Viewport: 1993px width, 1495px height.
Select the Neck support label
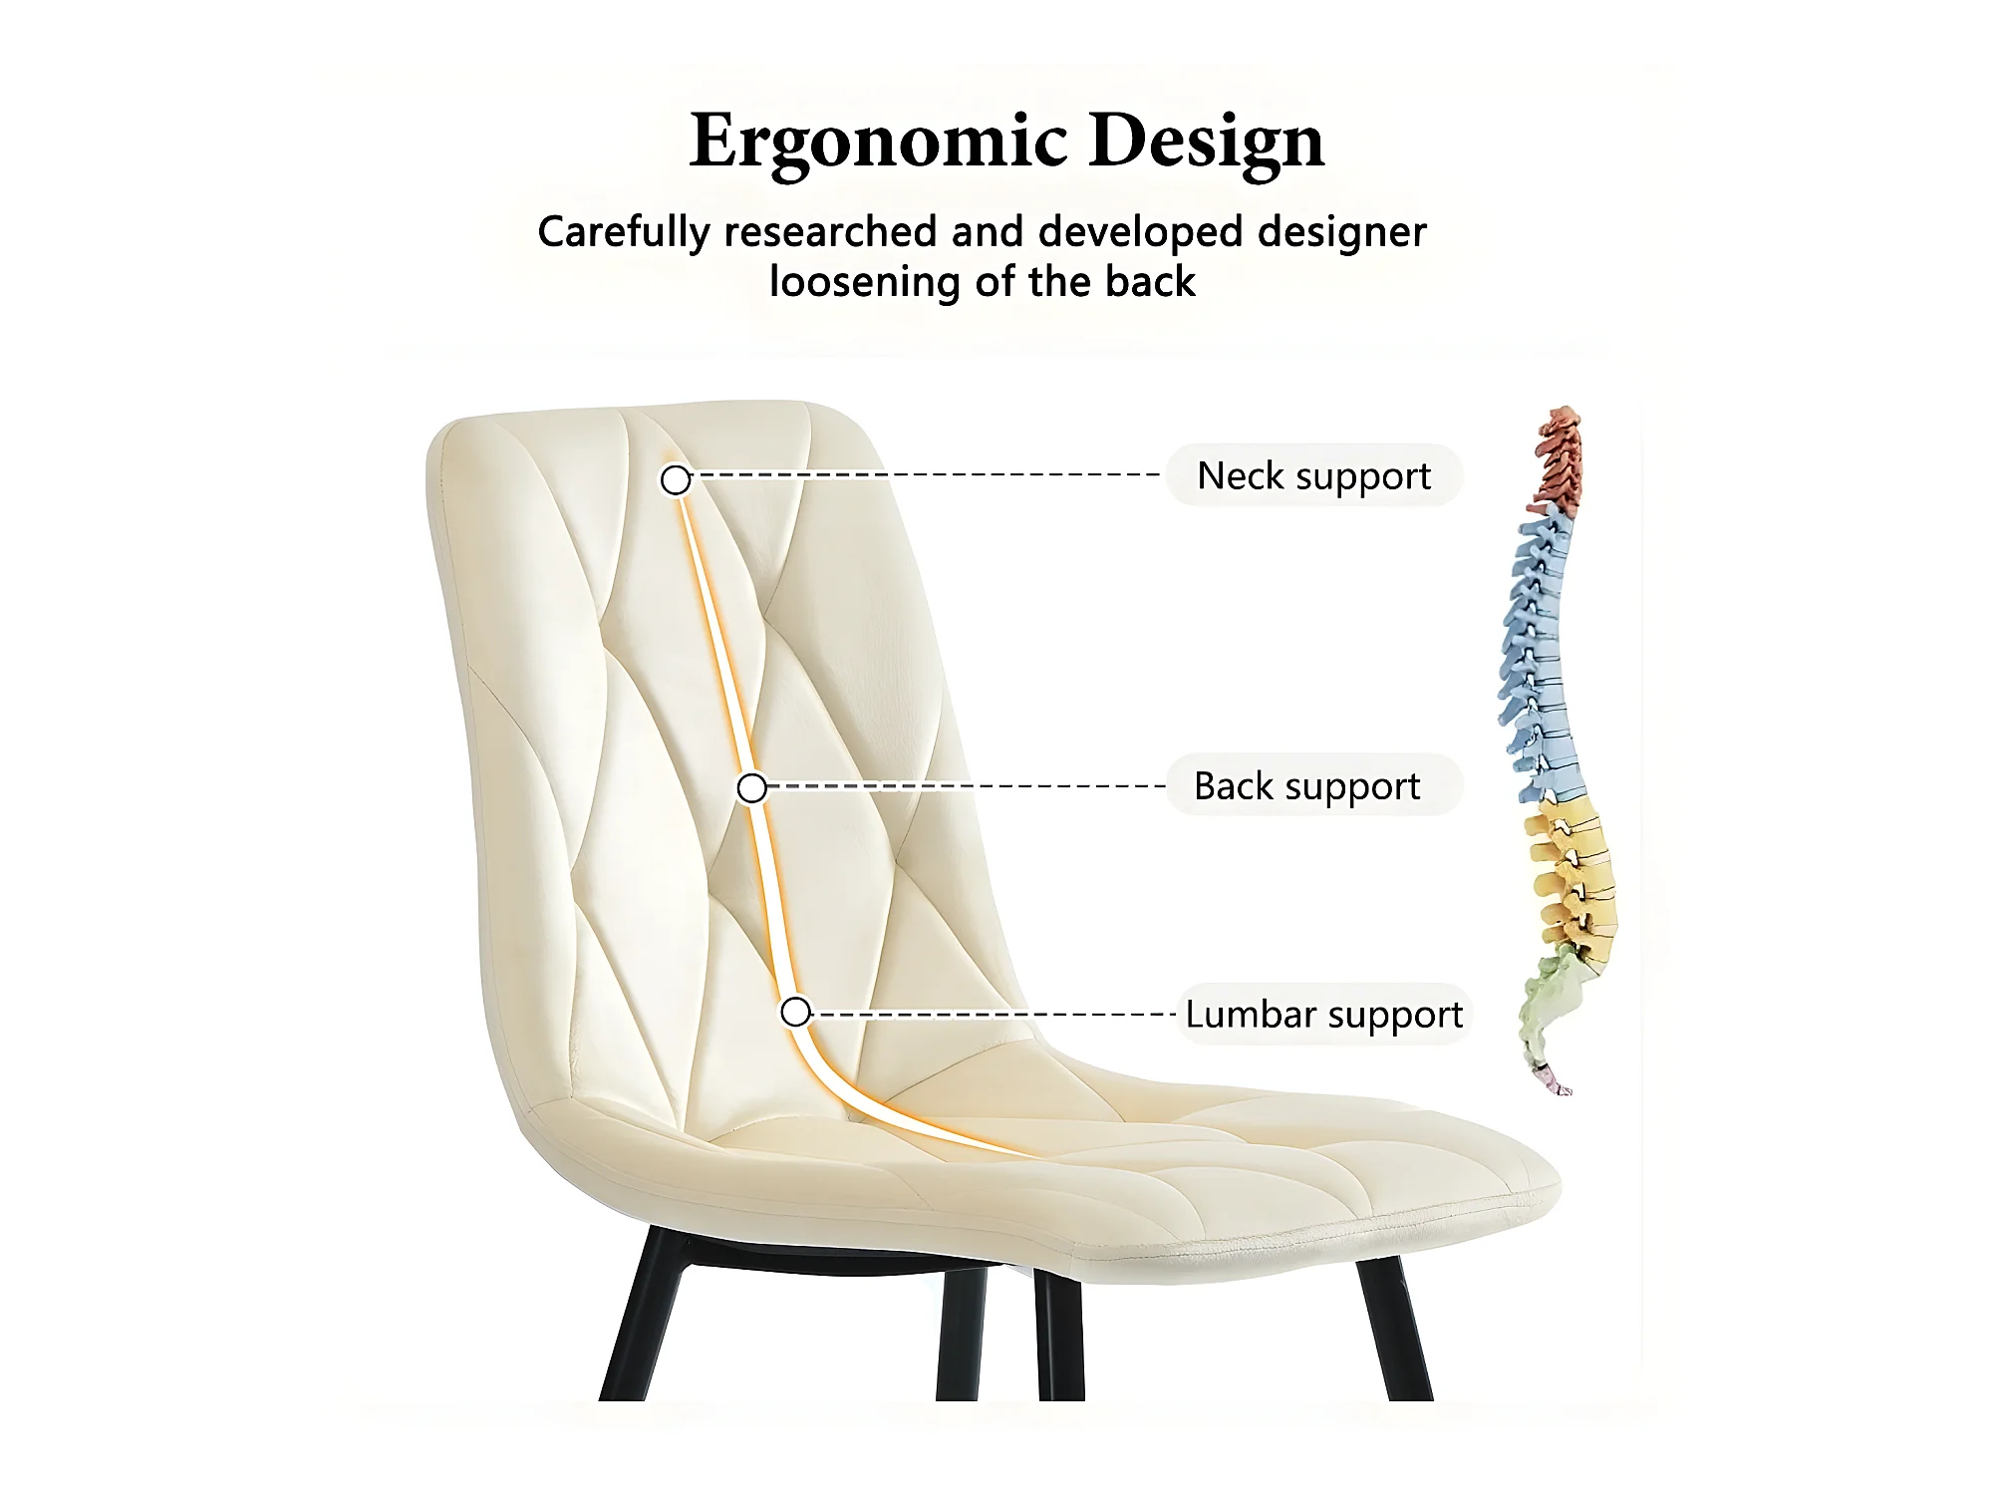(x=1313, y=475)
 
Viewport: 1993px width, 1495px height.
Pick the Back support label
(x=1307, y=785)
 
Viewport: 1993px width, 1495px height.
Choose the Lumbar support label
(x=1323, y=1014)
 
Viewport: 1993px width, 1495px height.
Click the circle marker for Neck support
(x=676, y=480)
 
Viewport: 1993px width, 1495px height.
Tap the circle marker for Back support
(x=752, y=788)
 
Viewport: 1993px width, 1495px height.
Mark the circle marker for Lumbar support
(x=795, y=1012)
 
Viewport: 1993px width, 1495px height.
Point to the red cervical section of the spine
(x=1559, y=458)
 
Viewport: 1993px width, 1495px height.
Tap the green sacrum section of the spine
(x=1547, y=1012)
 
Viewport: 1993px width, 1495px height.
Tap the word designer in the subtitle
(x=1341, y=233)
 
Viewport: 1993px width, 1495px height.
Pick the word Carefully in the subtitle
(x=624, y=233)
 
